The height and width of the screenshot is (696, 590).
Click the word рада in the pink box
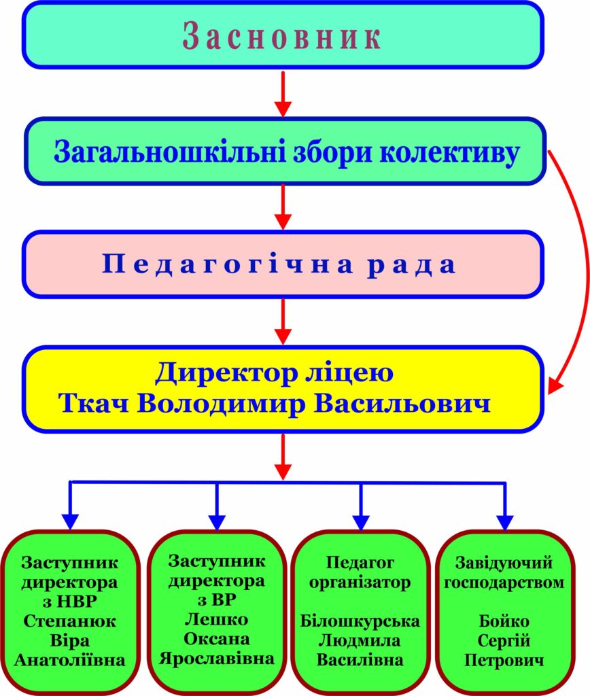412,265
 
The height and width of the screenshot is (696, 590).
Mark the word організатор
360,582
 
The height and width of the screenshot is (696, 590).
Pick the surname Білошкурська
360,621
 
